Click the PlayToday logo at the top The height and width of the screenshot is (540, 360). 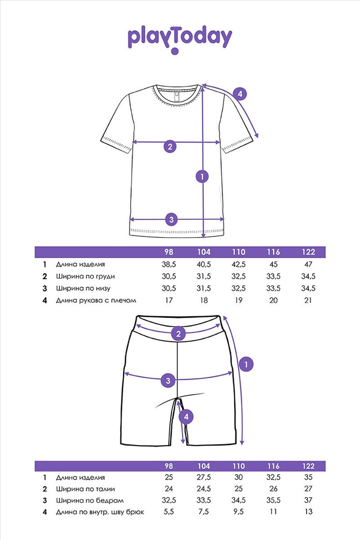click(180, 39)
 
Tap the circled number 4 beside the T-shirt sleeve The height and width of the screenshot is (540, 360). click(240, 93)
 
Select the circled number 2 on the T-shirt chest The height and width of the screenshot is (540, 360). click(169, 146)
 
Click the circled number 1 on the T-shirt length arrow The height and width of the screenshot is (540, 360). click(202, 177)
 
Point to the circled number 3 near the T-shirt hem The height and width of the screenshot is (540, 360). click(172, 219)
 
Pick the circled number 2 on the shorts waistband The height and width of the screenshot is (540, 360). click(178, 333)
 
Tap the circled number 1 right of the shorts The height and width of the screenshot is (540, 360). click(246, 364)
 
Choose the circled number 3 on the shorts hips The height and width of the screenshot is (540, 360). click(168, 381)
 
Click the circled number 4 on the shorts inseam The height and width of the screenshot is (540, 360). click(186, 417)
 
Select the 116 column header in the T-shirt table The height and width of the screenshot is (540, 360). click(273, 252)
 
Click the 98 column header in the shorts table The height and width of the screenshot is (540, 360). click(168, 466)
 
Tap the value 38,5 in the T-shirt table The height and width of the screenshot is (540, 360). click(168, 265)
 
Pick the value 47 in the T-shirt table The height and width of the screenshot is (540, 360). click(308, 265)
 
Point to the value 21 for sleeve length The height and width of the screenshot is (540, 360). click(308, 300)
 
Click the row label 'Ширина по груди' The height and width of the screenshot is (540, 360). click(85, 276)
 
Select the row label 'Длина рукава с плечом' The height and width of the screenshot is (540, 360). click(96, 300)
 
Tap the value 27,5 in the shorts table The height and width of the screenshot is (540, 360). click(203, 477)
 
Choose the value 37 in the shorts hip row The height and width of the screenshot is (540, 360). click(308, 500)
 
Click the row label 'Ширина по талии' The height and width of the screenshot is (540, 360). click(85, 489)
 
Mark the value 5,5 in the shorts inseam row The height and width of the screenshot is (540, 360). click(168, 512)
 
